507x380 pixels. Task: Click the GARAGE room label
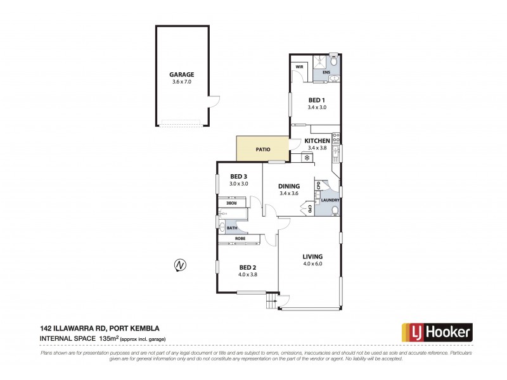pos(181,74)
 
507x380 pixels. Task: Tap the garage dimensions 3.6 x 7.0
pos(181,82)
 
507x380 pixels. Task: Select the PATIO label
pos(263,149)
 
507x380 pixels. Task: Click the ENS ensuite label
pos(326,73)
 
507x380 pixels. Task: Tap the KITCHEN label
pos(317,141)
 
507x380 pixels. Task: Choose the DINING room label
pos(289,186)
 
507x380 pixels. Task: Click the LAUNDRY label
pos(330,201)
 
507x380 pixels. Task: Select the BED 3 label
pos(238,176)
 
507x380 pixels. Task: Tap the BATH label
pos(232,227)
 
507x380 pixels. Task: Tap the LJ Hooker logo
pos(437,331)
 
